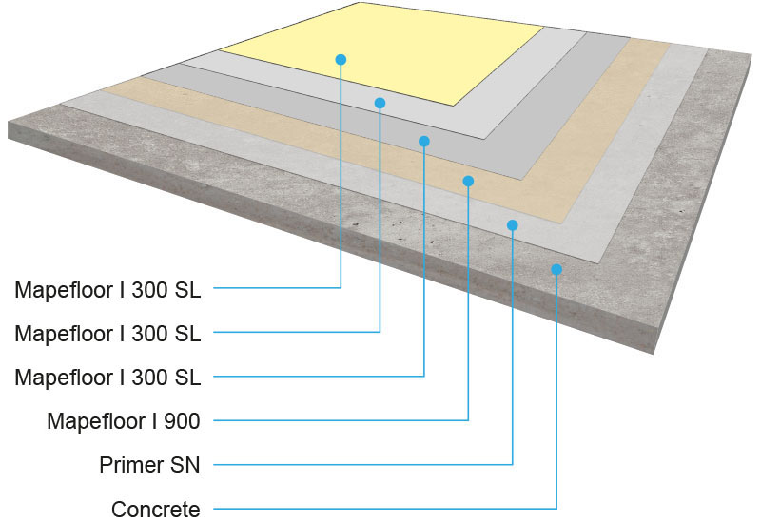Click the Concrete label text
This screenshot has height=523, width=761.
[156, 509]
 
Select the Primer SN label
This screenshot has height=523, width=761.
[149, 465]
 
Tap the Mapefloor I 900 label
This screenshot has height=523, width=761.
[124, 420]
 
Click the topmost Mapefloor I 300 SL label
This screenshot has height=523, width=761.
[107, 289]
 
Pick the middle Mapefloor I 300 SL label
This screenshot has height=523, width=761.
[107, 333]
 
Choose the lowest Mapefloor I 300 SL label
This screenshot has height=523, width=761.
[107, 377]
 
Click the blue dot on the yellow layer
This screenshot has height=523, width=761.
[341, 59]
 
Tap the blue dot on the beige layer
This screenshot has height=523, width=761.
[468, 180]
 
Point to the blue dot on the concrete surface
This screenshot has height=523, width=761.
[556, 269]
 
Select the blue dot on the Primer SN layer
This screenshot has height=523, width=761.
[512, 225]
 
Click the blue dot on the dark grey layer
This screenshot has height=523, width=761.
[424, 141]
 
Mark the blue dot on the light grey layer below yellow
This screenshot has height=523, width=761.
[380, 103]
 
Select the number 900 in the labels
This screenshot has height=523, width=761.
[181, 420]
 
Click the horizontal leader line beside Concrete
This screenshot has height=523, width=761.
[380, 510]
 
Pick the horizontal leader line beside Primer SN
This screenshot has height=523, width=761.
[361, 465]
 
